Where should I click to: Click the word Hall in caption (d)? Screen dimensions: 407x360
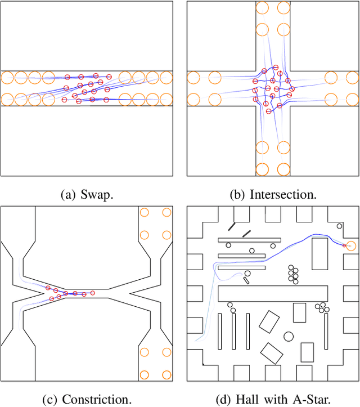pos(251,399)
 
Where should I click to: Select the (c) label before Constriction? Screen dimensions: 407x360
pos(51,399)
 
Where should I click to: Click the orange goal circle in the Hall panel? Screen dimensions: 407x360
pos(351,246)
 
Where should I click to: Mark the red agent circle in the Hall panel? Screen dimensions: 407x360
pos(344,245)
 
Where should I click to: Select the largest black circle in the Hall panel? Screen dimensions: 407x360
pos(289,337)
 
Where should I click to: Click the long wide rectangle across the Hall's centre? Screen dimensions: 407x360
pos(273,293)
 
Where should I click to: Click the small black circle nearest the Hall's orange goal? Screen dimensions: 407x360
pos(339,226)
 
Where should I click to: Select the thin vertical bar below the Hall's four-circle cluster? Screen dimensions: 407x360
pos(326,331)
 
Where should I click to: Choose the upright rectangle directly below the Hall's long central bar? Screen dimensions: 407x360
pos(299,313)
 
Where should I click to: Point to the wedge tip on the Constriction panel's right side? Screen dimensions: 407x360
pos(130,293)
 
